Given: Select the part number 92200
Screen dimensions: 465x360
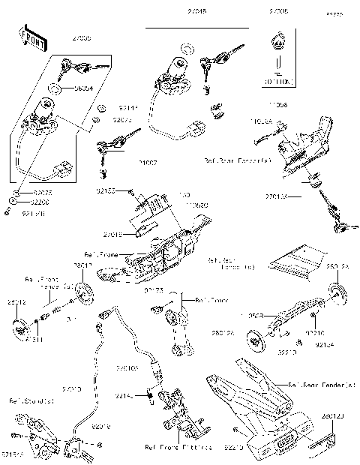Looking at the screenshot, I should click(x=40, y=202).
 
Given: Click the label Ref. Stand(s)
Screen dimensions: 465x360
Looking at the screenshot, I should click(x=24, y=400).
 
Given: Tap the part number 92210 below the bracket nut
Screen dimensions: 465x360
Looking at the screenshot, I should click(x=286, y=351).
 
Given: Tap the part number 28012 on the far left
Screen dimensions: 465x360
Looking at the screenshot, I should click(x=17, y=303).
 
